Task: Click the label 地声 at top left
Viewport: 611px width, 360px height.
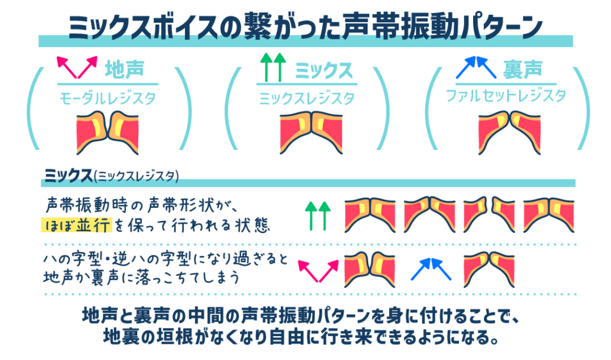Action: (x=125, y=69)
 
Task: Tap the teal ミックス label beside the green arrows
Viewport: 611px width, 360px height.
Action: (x=323, y=70)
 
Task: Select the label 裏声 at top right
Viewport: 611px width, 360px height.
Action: (x=523, y=69)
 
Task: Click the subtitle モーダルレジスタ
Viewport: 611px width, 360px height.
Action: (x=107, y=98)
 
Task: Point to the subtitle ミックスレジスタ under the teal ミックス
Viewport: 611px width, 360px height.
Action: (x=307, y=98)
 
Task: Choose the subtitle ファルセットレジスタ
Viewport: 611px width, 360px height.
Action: (x=506, y=96)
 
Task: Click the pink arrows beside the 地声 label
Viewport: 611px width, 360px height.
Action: (x=77, y=67)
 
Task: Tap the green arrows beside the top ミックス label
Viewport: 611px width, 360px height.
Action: (x=273, y=67)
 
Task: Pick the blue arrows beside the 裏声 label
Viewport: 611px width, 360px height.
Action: (x=476, y=67)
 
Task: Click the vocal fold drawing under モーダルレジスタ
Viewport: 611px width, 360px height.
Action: (x=107, y=133)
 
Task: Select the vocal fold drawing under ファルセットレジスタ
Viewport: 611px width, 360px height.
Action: (x=510, y=133)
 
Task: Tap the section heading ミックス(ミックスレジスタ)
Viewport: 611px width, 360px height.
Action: (x=112, y=176)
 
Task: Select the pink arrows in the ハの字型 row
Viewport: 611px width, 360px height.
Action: (x=319, y=270)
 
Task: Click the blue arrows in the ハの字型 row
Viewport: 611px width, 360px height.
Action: (x=431, y=269)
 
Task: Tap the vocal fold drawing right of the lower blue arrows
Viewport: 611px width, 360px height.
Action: (x=489, y=270)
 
